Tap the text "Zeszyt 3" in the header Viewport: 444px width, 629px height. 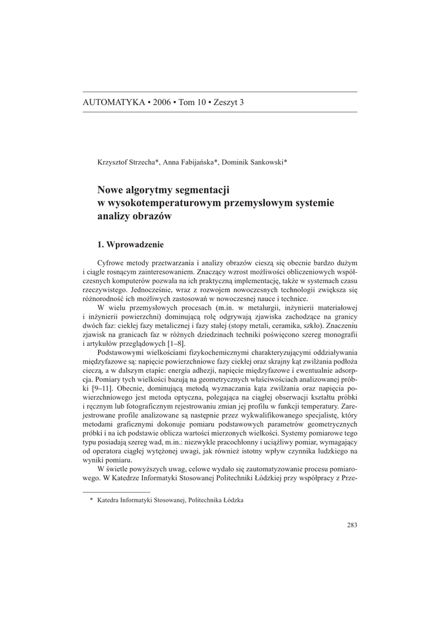(227, 102)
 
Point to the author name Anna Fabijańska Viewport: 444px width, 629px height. (189, 162)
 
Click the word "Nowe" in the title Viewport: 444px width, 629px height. (112, 190)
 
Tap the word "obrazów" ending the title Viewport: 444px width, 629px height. (153, 217)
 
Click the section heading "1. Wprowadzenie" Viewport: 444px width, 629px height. (131, 244)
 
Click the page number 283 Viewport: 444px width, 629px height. (351, 525)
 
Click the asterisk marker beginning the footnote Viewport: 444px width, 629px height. (91, 501)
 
